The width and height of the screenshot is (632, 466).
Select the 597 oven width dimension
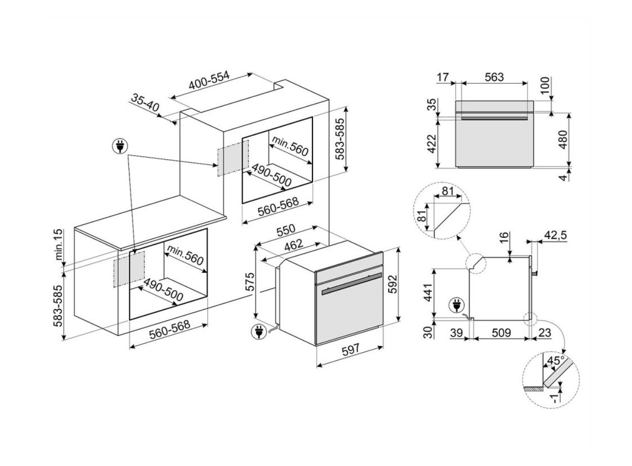(350, 349)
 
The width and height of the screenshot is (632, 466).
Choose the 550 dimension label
(286, 230)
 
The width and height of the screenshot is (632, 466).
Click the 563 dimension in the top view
(494, 77)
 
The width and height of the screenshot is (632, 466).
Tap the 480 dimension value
(563, 139)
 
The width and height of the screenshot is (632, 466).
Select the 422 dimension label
(432, 143)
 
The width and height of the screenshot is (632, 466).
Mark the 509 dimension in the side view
(501, 333)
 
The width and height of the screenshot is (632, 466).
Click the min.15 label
(59, 245)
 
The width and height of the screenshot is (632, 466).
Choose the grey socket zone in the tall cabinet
(232, 157)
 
